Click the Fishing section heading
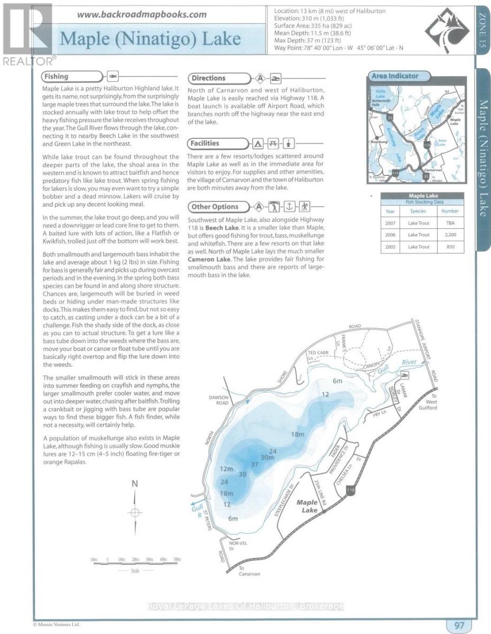tap(57, 77)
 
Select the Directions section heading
tap(208, 78)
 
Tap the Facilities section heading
tap(206, 143)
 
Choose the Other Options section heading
tap(215, 207)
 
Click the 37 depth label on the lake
tap(255, 464)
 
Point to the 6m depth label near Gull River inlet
tap(338, 380)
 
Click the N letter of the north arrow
tap(135, 483)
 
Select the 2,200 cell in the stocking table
tap(450, 235)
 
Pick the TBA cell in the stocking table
tap(450, 223)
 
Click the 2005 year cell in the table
tap(391, 247)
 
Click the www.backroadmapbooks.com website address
tap(142, 14)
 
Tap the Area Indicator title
tap(395, 76)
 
